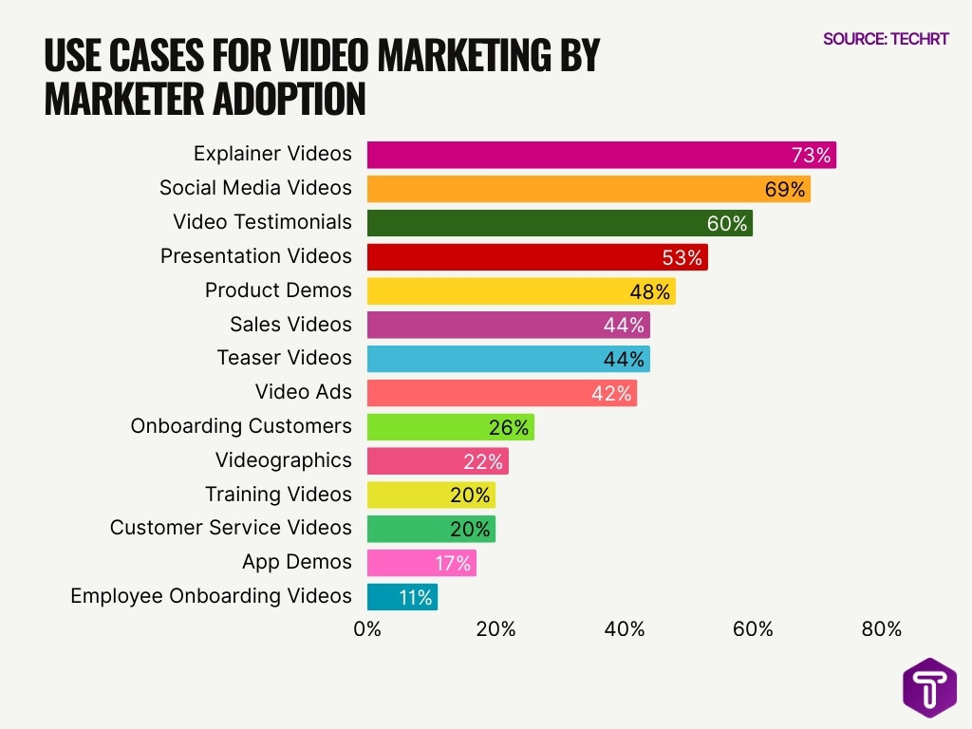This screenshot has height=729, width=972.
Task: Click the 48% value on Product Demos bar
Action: [650, 290]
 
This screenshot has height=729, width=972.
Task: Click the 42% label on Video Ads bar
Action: [611, 393]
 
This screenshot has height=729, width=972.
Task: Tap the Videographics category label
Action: [283, 460]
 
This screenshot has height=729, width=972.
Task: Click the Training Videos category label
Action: [278, 495]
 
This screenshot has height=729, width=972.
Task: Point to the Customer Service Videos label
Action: [231, 528]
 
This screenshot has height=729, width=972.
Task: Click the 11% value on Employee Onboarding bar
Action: [415, 597]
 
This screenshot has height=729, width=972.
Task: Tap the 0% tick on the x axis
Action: [367, 629]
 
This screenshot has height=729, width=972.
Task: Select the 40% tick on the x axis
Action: [625, 629]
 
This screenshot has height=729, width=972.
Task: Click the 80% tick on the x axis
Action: [881, 629]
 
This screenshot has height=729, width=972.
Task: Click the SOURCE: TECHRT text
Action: [886, 40]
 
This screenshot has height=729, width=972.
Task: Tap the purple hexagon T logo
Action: [929, 687]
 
